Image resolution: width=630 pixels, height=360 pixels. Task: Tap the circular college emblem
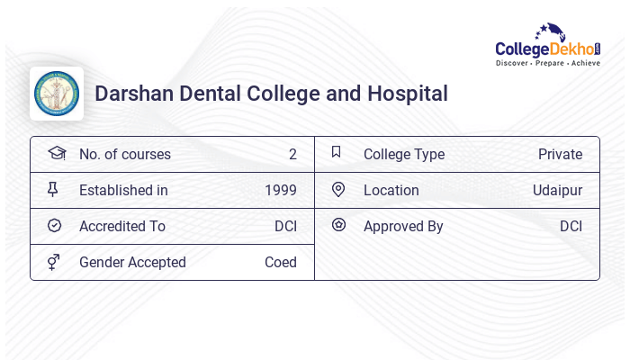coord(57,94)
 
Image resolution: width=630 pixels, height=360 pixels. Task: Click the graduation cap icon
coord(56,153)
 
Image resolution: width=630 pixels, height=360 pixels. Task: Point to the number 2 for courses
coord(292,155)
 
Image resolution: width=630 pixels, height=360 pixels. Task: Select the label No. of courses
coord(124,155)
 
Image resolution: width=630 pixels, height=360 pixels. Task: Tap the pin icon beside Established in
coord(54,190)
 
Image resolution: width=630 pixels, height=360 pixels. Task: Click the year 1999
coord(281,191)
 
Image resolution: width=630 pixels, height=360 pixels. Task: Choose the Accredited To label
coord(122,227)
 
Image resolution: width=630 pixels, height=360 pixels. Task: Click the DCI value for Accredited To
coord(285,227)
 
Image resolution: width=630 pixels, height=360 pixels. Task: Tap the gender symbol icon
coord(54,262)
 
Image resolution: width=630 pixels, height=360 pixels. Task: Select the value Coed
coord(280,263)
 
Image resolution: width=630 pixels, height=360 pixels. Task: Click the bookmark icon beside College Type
coord(337,152)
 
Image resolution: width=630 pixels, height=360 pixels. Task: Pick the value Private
coord(560,155)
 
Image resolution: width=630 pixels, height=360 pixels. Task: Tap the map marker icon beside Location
coord(338,190)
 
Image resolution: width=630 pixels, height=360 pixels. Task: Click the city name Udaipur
coord(557,191)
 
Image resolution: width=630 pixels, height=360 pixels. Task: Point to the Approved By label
coord(403,227)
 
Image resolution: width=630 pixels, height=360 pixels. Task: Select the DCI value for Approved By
coord(571,227)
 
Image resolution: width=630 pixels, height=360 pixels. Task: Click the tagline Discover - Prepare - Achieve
coord(547,64)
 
